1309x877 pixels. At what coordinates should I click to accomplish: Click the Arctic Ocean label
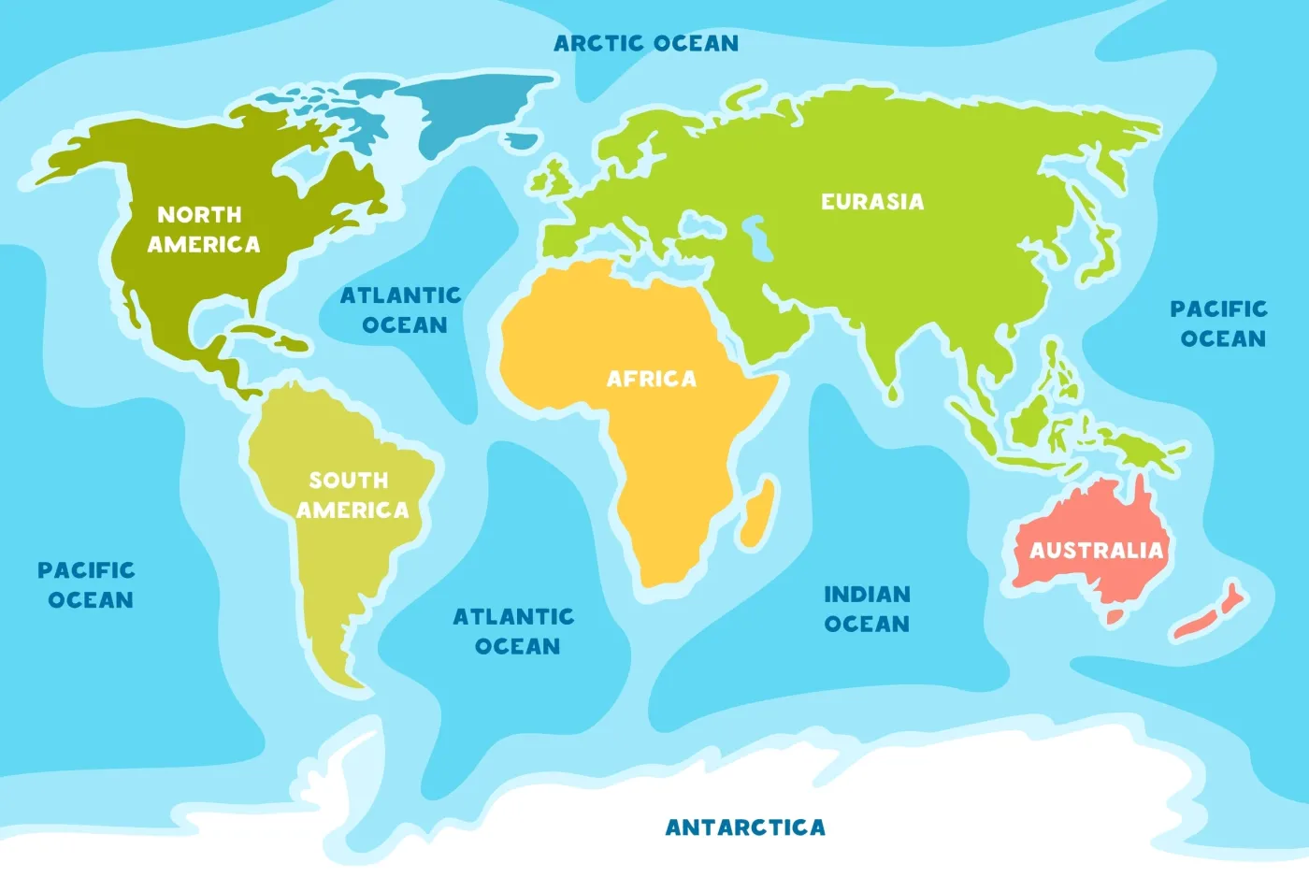click(x=646, y=43)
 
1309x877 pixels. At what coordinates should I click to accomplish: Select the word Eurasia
click(x=872, y=201)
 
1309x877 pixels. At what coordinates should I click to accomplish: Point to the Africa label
click(x=652, y=379)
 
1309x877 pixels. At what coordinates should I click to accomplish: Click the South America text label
click(x=352, y=495)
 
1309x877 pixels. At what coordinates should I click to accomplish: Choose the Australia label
click(x=1096, y=550)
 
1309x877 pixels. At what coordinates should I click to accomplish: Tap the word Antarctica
click(x=745, y=827)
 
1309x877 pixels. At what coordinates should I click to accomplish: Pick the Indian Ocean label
click(x=867, y=609)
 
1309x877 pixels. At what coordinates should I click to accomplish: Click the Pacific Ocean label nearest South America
click(x=88, y=584)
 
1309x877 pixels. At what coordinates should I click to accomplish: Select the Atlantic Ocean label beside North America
click(x=402, y=309)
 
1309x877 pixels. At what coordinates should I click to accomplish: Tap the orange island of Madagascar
click(x=758, y=511)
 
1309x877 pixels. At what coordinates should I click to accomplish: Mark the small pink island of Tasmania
click(x=1115, y=616)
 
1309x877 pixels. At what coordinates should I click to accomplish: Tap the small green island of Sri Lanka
click(x=894, y=394)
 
